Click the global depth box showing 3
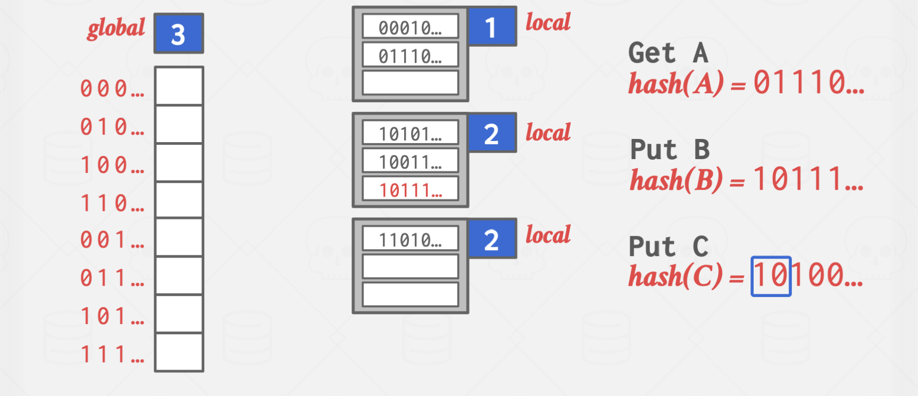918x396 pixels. [179, 34]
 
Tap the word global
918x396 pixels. [116, 28]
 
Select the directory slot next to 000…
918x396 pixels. [179, 86]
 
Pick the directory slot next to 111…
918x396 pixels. [179, 352]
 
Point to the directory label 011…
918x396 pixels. [112, 278]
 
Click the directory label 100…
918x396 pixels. [112, 165]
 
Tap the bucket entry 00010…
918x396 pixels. [410, 27]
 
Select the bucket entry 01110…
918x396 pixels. [410, 55]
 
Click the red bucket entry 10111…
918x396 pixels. [410, 189]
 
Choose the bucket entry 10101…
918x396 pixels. [410, 134]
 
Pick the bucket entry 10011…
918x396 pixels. [410, 161]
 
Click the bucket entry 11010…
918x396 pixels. [410, 240]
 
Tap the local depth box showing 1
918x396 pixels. [491, 27]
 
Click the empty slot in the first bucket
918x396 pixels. [410, 83]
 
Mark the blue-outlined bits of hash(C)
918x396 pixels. [771, 276]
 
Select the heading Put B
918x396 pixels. [670, 150]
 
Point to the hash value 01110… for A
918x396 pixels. [808, 83]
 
